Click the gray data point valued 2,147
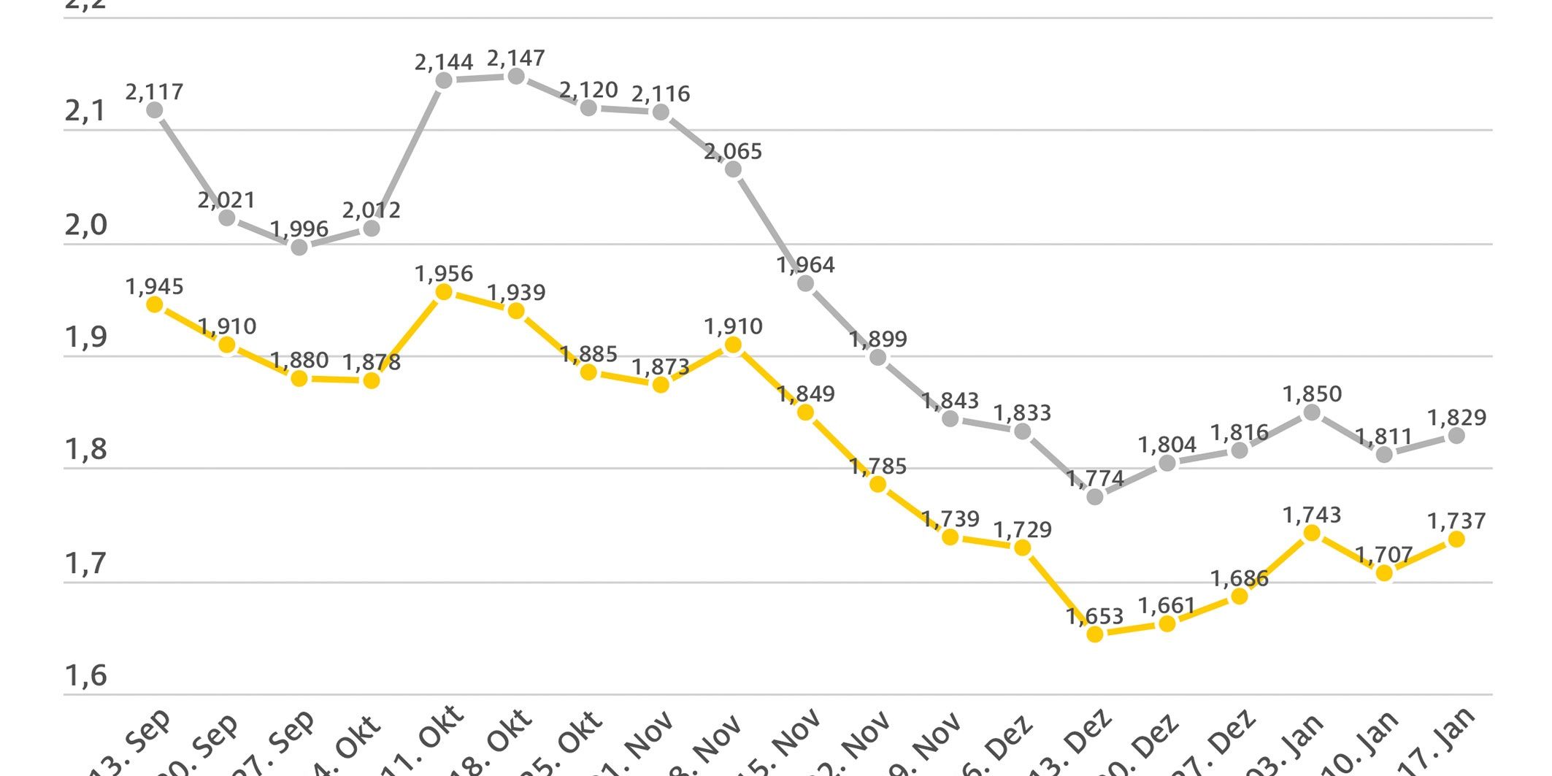(x=516, y=77)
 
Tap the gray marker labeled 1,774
(x=1095, y=497)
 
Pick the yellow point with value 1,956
(x=444, y=292)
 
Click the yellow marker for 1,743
(x=1312, y=534)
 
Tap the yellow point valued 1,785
(x=878, y=485)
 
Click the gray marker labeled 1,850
(x=1312, y=413)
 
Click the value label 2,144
(x=444, y=63)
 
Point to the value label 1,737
(x=1456, y=521)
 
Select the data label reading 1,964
(x=806, y=265)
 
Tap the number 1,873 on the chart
(x=661, y=367)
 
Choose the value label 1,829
(x=1456, y=418)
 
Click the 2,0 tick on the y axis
(x=86, y=226)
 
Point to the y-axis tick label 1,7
(x=86, y=564)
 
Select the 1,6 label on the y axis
(x=86, y=676)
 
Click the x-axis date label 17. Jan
(x=1445, y=741)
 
